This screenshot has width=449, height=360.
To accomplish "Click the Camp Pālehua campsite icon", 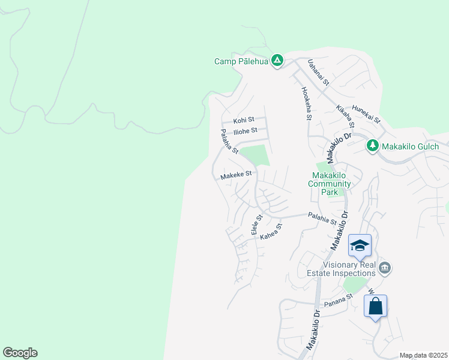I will (x=277, y=61).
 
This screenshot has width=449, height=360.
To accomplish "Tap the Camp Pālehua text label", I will (x=241, y=61).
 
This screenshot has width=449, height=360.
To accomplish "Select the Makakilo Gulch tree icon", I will (x=372, y=145).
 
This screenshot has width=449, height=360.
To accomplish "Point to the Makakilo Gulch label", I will (x=412, y=146).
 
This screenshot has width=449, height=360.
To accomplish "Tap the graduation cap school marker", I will (x=360, y=245).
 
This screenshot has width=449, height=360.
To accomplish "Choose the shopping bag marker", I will (x=375, y=306).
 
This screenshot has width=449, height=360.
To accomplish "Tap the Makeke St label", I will (x=238, y=176).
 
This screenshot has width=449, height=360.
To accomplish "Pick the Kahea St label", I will (x=271, y=232).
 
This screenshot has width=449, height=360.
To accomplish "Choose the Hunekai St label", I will (x=367, y=113).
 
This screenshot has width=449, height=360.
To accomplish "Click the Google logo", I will (x=20, y=353).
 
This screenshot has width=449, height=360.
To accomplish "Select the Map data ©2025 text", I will (x=423, y=355).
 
